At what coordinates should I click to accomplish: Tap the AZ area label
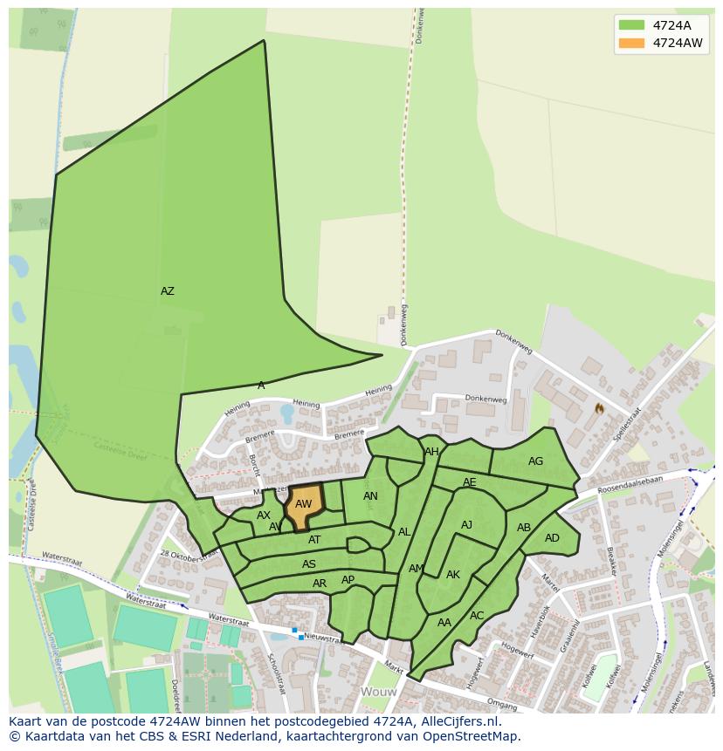[x=168, y=291]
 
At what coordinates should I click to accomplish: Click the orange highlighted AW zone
[x=304, y=505]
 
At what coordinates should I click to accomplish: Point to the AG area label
[x=535, y=461]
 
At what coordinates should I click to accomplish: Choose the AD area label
[x=552, y=538]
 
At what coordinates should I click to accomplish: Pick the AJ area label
[x=466, y=525]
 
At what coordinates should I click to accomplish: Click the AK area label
[x=452, y=575]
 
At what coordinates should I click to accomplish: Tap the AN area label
[x=370, y=496]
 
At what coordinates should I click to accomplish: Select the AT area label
[x=314, y=540]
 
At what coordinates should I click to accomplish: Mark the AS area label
[x=309, y=564]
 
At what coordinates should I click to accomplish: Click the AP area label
[x=348, y=580]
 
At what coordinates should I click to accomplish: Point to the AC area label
[x=477, y=616]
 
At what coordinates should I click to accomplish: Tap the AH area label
[x=431, y=452]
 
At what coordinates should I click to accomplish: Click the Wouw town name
[x=378, y=692]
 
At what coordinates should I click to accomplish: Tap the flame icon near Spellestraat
[x=599, y=407]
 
